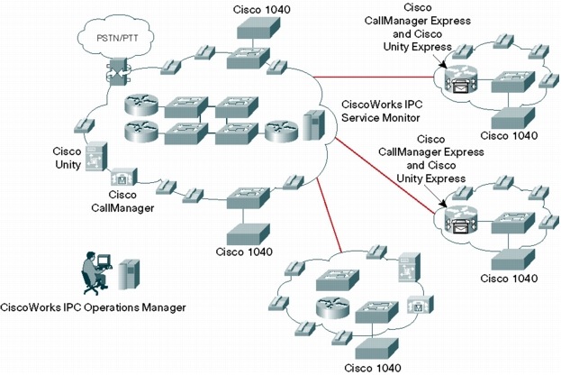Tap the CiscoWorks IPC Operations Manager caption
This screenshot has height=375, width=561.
[94, 307]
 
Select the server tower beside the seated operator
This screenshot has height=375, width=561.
[130, 274]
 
